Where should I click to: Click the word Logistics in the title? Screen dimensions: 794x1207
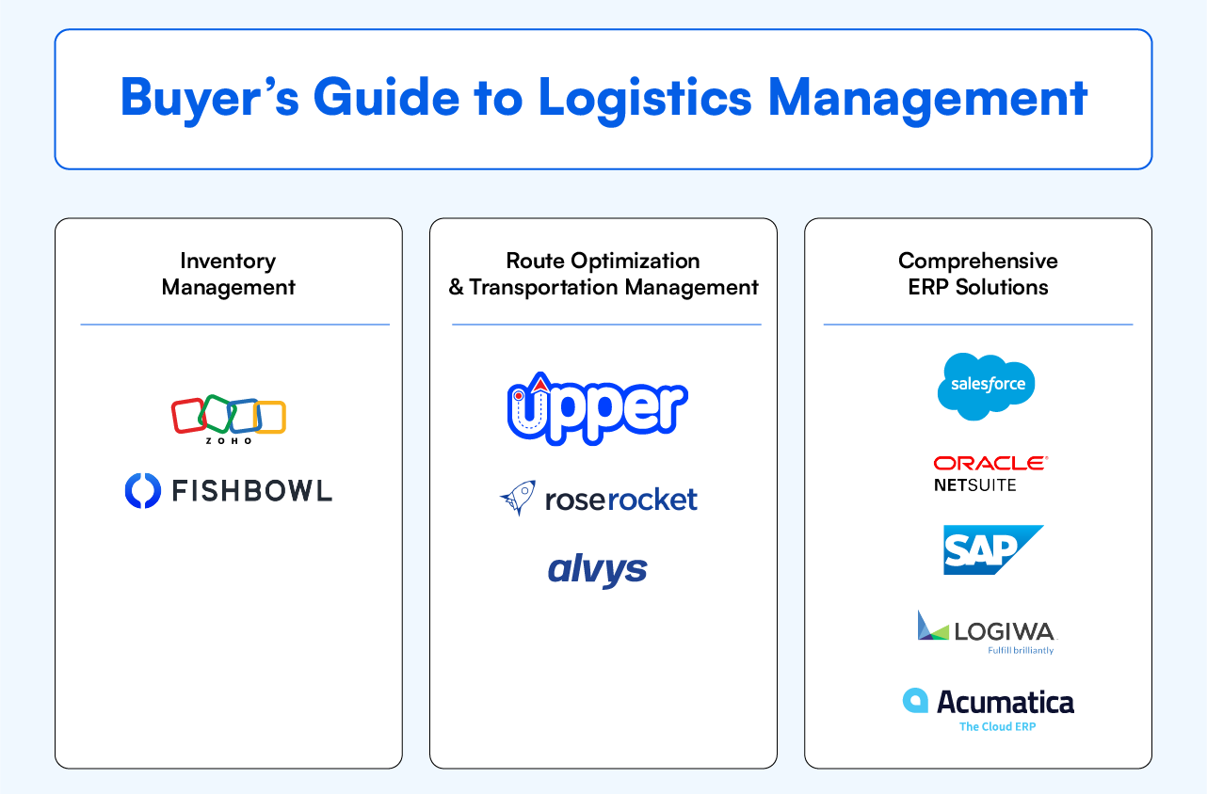coord(644,98)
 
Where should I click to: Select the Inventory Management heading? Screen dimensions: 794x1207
coord(228,274)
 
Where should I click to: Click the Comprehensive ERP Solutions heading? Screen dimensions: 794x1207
coord(977,274)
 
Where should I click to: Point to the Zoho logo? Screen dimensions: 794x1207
coord(228,418)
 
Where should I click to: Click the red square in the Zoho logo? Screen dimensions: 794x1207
coord(188,415)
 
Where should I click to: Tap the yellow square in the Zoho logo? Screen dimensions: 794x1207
coord(270,418)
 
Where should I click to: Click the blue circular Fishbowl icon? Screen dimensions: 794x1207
coord(143,491)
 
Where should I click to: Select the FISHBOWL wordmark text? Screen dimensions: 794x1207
coord(251,491)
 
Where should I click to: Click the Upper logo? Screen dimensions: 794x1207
coord(597,408)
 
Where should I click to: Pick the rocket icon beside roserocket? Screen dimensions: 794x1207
coord(518,498)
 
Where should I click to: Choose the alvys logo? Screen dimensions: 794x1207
coord(597,569)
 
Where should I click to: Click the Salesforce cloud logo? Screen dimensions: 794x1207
coord(986,386)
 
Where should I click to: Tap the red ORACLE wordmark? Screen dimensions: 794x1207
coord(990,463)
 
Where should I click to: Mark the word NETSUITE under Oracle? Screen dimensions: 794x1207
coord(974,485)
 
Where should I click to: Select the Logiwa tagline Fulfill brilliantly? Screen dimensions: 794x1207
coord(1021,650)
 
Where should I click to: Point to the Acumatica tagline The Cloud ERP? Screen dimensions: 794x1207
coord(997,726)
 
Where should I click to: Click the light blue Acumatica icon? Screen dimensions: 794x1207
coord(915,701)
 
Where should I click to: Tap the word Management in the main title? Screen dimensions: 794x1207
coord(927,98)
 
